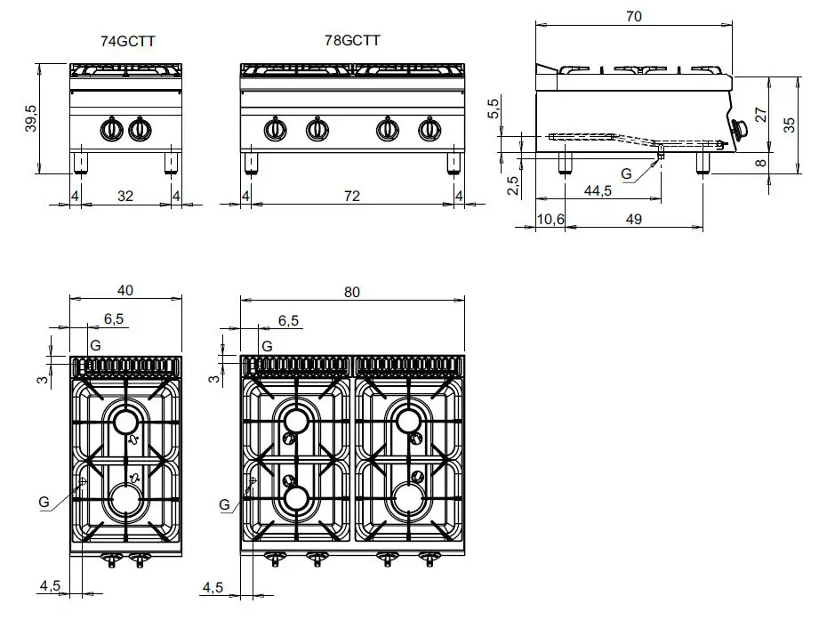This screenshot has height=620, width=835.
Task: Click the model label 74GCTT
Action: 129,41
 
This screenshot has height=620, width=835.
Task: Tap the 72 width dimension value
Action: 352,196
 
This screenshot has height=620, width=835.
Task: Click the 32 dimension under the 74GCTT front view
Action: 125,196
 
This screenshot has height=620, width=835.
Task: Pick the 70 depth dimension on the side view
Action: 633,16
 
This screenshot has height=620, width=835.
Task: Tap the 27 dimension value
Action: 760,114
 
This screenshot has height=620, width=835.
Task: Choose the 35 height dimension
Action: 790,125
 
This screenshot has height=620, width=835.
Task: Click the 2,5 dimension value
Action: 514,185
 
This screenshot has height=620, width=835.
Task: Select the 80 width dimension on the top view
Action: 352,292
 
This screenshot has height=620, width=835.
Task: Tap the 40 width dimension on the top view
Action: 125,290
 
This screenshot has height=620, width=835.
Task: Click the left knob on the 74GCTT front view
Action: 112,130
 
